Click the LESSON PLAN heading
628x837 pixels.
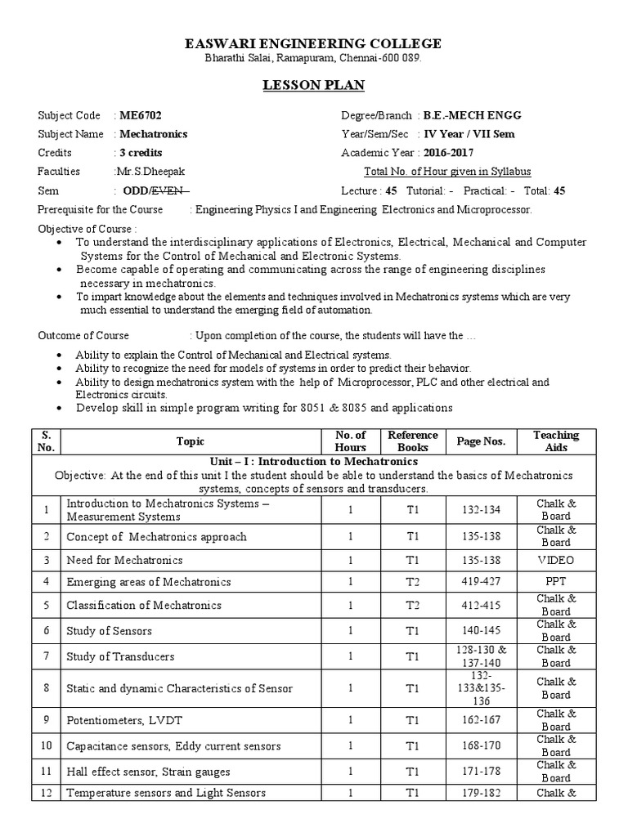[x=314, y=85]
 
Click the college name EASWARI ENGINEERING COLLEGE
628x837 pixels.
[x=314, y=43]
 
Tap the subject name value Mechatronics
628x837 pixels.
[x=153, y=134]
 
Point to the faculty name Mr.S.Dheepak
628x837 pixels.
[x=151, y=172]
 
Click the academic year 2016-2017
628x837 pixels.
[x=448, y=153]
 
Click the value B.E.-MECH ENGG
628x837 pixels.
[x=469, y=116]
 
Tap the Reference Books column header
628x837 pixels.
[x=413, y=441]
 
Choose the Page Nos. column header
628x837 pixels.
[x=481, y=441]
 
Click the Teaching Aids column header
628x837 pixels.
[x=555, y=441]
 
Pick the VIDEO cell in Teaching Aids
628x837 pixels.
[x=555, y=561]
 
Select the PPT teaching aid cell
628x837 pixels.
[x=555, y=582]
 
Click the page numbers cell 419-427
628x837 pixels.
[x=481, y=582]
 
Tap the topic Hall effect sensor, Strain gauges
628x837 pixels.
[x=148, y=772]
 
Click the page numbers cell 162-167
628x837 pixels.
[x=481, y=720]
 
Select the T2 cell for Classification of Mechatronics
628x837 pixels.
[x=413, y=606]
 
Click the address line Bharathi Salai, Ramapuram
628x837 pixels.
[x=314, y=60]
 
